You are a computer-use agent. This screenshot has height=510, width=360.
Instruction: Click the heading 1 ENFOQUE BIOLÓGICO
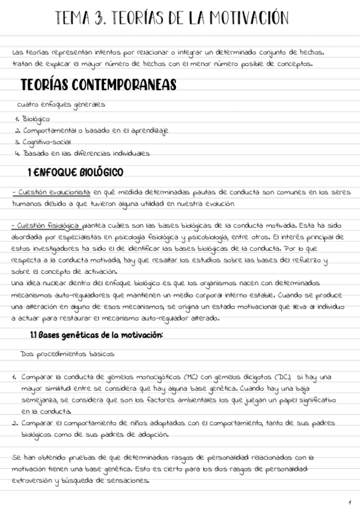[x=75, y=173]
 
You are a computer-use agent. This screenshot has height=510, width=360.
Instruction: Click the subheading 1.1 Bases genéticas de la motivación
[x=96, y=334]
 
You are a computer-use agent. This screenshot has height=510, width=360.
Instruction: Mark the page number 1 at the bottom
[x=349, y=501]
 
